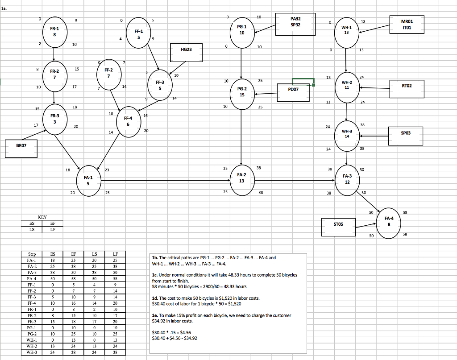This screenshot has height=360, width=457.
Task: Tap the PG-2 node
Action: point(241,92)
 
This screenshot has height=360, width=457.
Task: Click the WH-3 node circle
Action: point(347,133)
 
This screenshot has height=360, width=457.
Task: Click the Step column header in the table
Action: point(32,254)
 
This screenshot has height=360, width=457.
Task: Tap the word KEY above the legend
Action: point(42,217)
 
